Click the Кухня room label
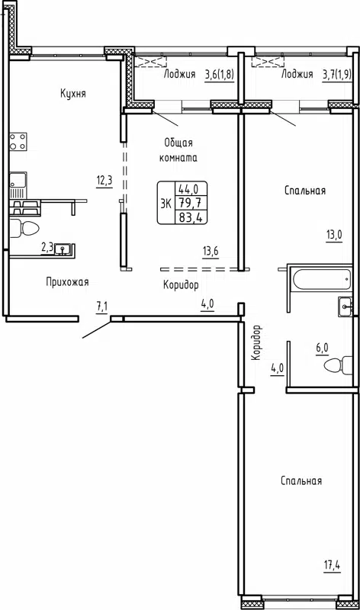tap(74, 94)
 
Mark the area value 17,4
tap(330, 565)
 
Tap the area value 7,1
tap(102, 307)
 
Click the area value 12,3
tap(104, 180)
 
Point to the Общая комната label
tap(180, 150)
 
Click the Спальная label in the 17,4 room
tap(301, 480)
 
